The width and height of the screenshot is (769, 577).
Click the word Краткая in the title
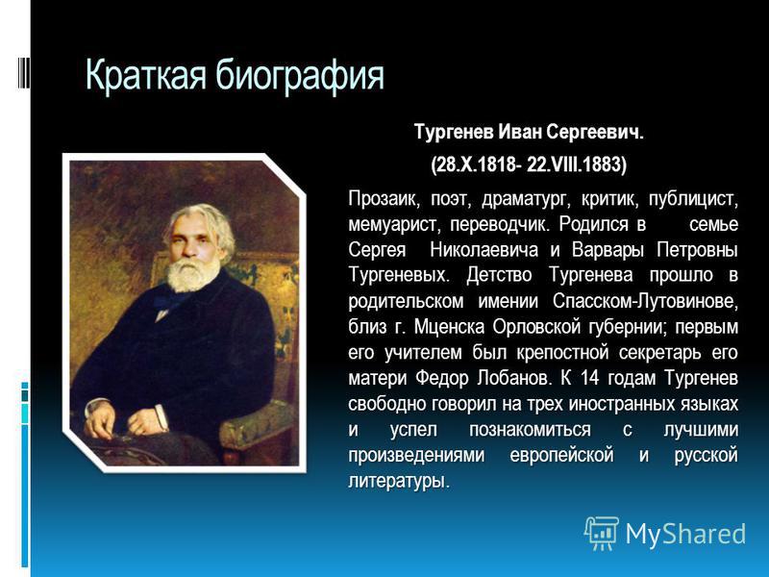pyautogui.click(x=146, y=75)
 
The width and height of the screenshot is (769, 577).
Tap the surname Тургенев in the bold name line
pyautogui.click(x=453, y=133)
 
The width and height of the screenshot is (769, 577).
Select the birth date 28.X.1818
pyautogui.click(x=475, y=163)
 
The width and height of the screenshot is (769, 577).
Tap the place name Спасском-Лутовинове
pyautogui.click(x=645, y=301)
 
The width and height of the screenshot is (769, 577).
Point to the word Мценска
pyautogui.click(x=449, y=327)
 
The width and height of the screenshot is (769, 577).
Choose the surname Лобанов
pyautogui.click(x=515, y=378)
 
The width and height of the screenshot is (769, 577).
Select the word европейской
pyautogui.click(x=561, y=455)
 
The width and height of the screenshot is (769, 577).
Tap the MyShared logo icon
pyautogui.click(x=602, y=534)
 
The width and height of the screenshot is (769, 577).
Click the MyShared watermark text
pyautogui.click(x=685, y=534)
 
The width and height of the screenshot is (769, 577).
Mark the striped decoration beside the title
pyautogui.click(x=23, y=73)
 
